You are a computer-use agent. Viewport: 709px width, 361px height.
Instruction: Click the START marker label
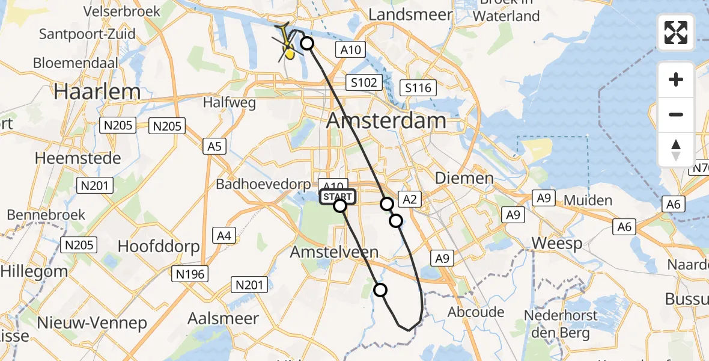(x=338, y=197)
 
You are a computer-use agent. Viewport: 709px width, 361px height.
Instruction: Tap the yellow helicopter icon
(x=288, y=48)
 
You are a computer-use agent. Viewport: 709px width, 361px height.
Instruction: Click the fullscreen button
(x=676, y=32)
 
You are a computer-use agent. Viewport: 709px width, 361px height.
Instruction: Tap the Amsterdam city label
(x=386, y=120)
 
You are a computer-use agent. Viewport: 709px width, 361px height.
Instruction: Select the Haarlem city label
(x=97, y=92)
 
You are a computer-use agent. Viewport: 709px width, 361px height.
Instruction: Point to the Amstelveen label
(x=334, y=252)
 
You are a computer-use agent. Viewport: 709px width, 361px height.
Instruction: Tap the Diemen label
(x=464, y=178)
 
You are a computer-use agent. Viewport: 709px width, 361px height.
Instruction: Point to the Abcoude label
(x=476, y=312)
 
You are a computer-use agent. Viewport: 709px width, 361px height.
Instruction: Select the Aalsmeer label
(x=223, y=318)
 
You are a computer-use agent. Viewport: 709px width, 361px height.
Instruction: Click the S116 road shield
(x=418, y=88)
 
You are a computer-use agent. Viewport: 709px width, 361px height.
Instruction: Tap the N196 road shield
(x=191, y=274)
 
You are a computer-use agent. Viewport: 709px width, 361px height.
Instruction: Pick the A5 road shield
(x=215, y=146)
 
